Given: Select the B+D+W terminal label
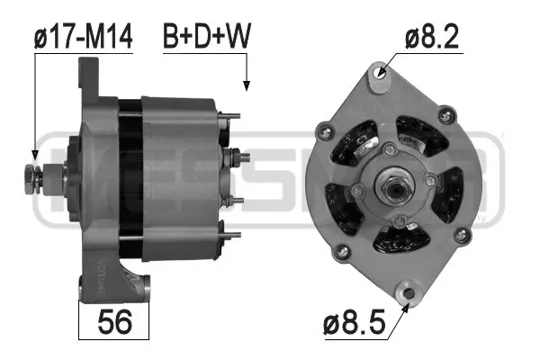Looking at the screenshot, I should (206, 37).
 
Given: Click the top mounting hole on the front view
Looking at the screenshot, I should (380, 75).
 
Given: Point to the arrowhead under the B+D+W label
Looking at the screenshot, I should (246, 87).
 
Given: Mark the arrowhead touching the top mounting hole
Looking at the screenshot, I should (384, 68).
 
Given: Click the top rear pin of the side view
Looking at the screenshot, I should (231, 115).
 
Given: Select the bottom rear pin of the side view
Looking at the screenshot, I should (232, 236).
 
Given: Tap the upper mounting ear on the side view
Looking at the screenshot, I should (91, 76).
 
